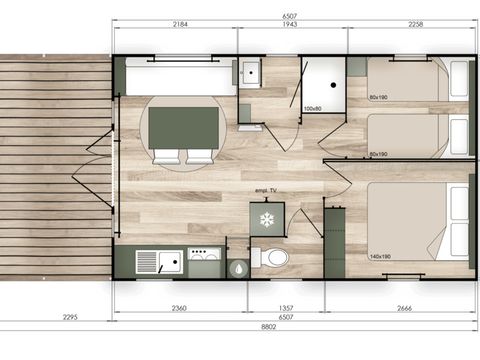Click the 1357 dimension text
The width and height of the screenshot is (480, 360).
tap(286, 308)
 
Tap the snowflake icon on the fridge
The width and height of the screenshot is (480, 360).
tap(267, 219)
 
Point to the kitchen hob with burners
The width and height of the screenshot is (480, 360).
tap(204, 261)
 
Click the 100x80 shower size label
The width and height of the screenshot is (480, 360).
tap(312, 108)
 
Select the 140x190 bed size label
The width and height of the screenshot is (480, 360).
tap(378, 256)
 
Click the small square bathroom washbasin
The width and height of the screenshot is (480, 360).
tap(249, 73)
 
